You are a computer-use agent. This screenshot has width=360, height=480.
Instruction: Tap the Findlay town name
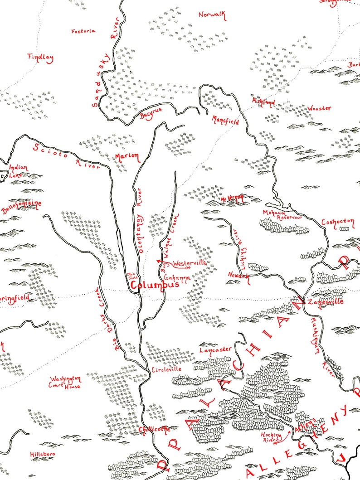point(40,58)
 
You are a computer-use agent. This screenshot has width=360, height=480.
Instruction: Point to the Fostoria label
point(83,31)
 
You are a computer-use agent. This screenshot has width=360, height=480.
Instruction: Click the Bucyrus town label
point(151,115)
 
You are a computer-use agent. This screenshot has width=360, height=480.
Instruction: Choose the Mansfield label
point(225,120)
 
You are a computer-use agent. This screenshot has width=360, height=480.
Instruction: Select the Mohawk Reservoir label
point(282,215)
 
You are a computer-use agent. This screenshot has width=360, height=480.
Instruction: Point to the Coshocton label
point(337,222)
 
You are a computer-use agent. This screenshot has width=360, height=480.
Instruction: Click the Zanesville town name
point(325,301)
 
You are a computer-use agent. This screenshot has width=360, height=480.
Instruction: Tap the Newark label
point(238,276)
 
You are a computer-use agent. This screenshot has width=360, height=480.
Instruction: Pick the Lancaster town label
point(216,349)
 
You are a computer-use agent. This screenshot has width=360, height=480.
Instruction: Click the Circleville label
point(166,369)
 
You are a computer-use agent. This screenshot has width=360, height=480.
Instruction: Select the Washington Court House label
point(66,382)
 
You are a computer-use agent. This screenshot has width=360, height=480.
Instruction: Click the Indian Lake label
point(19,171)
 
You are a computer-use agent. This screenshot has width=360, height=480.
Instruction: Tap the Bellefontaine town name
point(21,207)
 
